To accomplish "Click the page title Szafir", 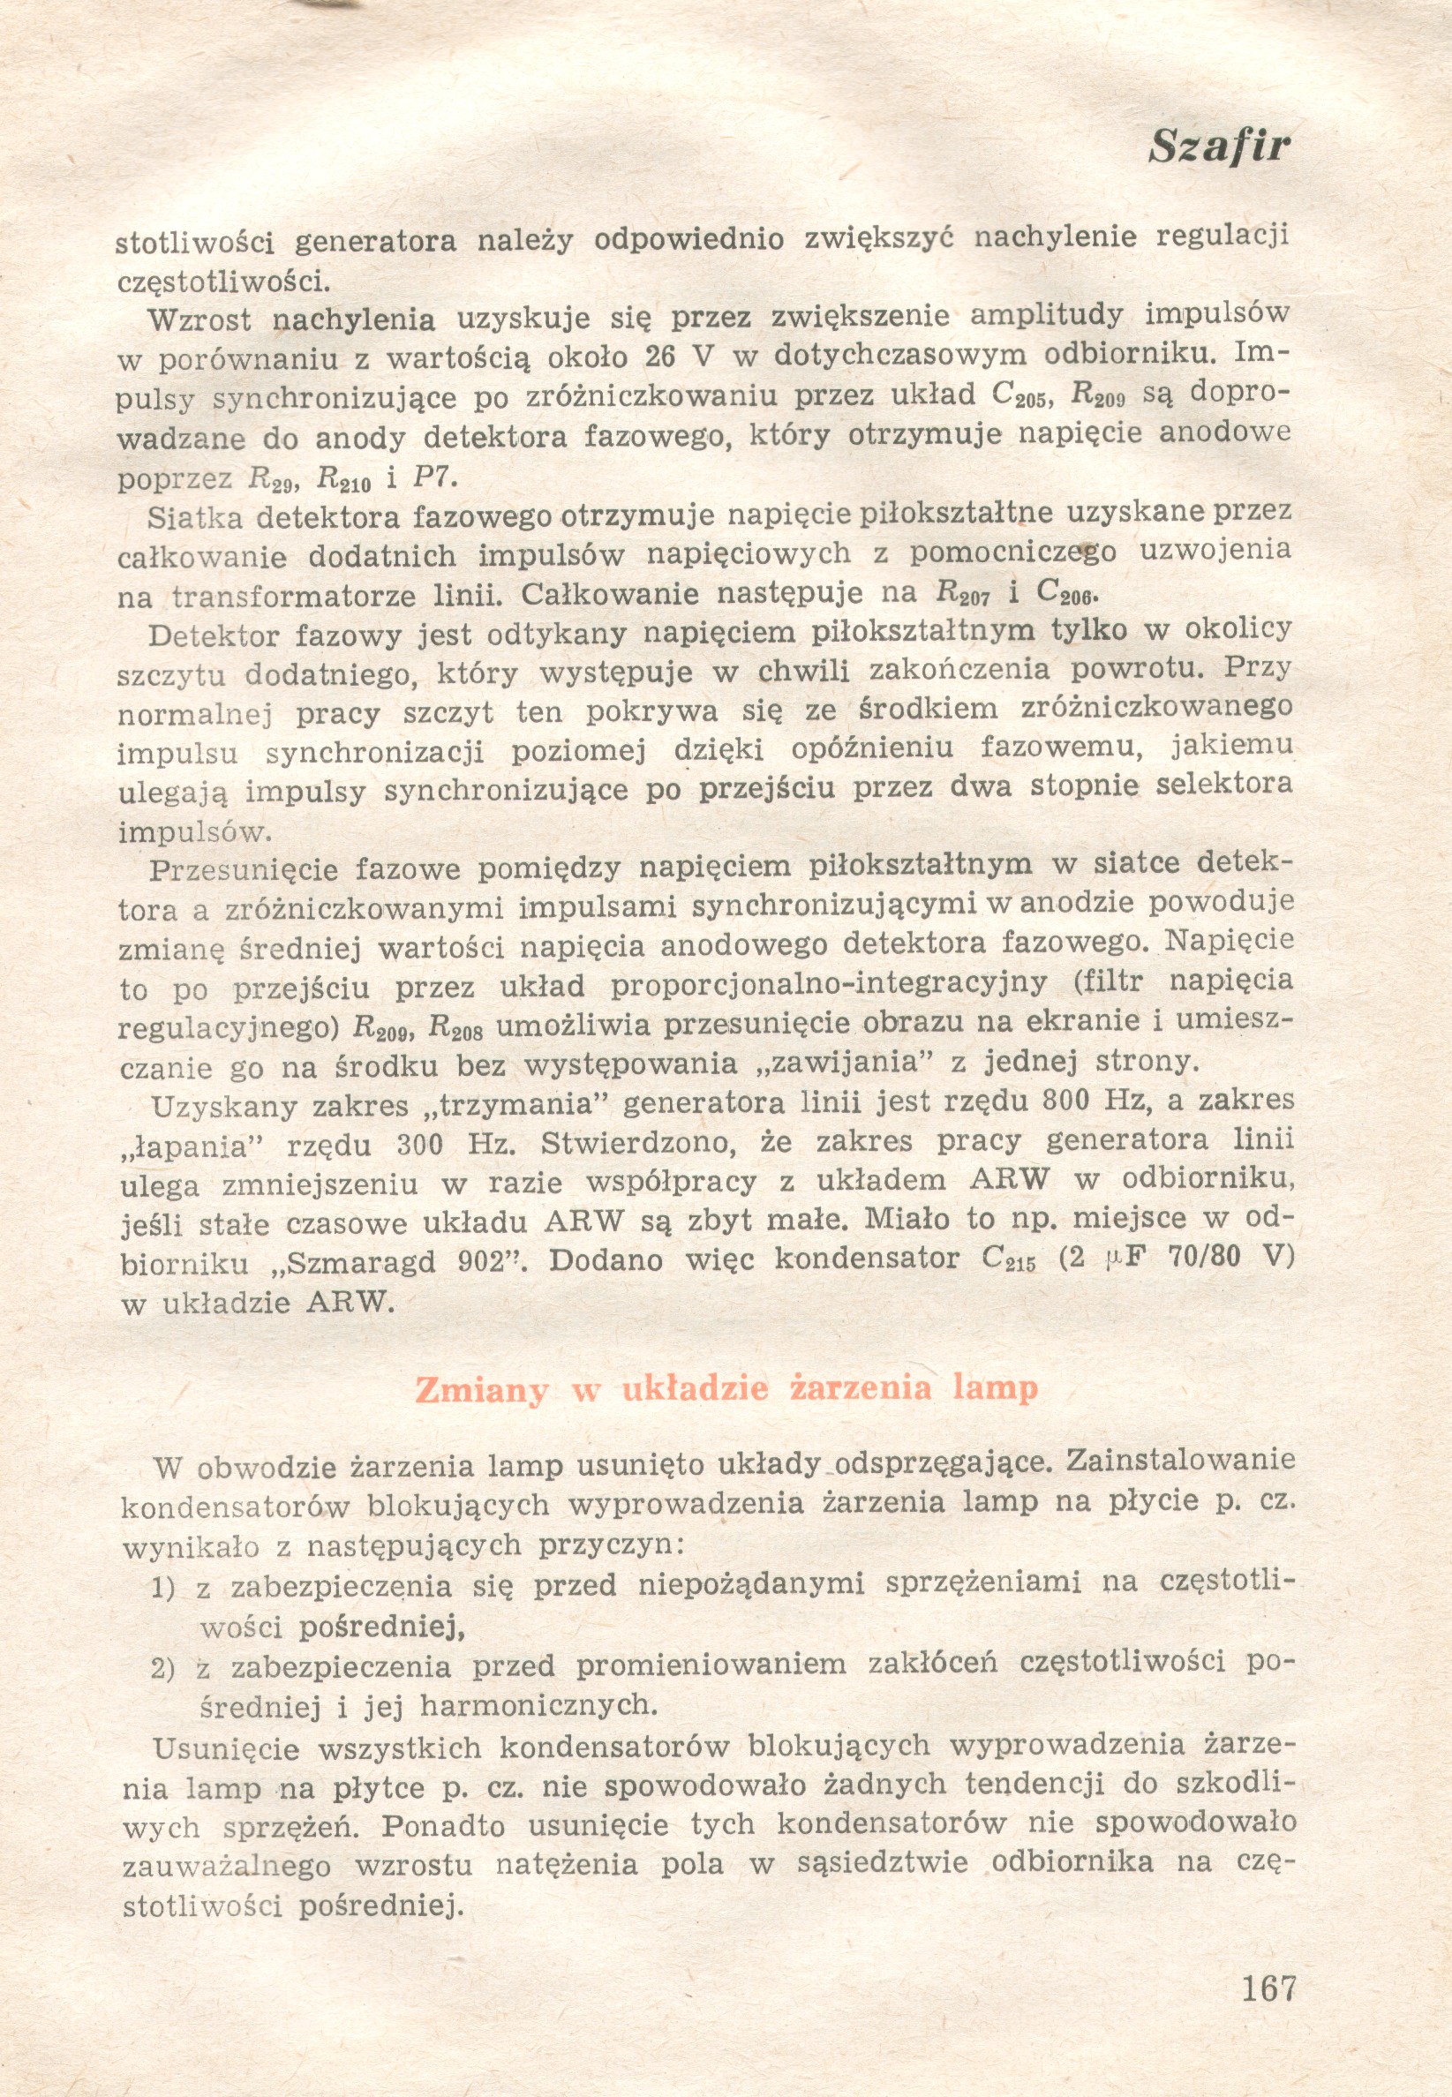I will [x=1219, y=146].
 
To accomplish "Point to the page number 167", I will [x=1268, y=1987].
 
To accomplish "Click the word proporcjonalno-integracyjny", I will [x=828, y=984].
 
